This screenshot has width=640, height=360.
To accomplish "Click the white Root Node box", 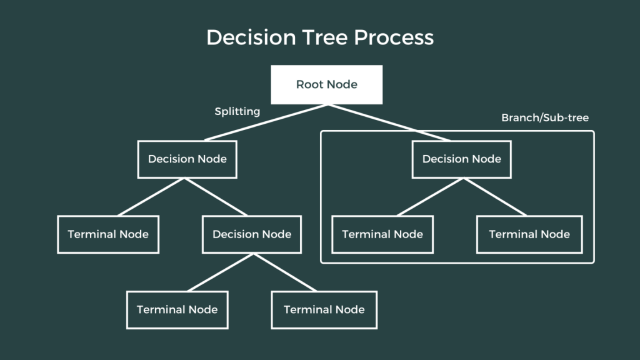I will pyautogui.click(x=326, y=84).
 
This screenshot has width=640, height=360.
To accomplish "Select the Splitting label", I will pyautogui.click(x=237, y=111).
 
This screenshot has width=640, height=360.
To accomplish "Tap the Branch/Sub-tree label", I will pyautogui.click(x=545, y=117).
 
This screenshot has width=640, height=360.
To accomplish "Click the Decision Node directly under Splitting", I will pyautogui.click(x=187, y=159).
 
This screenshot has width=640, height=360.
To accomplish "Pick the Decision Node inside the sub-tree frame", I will pyautogui.click(x=461, y=159).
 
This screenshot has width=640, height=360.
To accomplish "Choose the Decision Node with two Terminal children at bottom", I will pyautogui.click(x=252, y=234).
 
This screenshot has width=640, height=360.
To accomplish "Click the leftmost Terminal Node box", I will pyautogui.click(x=108, y=234).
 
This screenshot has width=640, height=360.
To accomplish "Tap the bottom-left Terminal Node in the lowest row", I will pyautogui.click(x=177, y=309).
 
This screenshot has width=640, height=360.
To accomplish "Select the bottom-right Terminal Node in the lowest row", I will pyautogui.click(x=324, y=309).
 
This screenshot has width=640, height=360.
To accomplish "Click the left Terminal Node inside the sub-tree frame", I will pyautogui.click(x=382, y=234).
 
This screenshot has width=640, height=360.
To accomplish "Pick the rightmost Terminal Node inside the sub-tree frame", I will pyautogui.click(x=529, y=234).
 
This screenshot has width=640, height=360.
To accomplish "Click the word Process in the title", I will pyautogui.click(x=394, y=37).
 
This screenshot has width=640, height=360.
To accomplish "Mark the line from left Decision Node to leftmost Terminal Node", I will pyautogui.click(x=149, y=197).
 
